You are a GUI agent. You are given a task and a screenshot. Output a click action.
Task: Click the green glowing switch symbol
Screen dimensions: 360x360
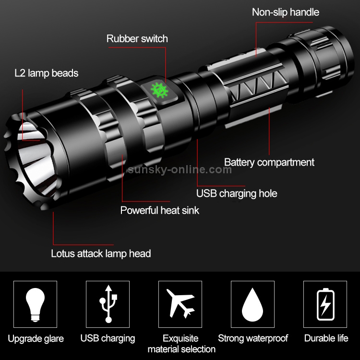coord(159,90)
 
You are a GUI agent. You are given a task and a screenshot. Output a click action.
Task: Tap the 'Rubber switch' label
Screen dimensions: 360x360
coord(137,38)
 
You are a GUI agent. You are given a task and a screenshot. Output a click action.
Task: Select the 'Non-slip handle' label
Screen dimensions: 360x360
coord(286,12)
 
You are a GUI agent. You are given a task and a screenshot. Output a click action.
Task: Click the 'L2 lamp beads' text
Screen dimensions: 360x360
coord(47,73)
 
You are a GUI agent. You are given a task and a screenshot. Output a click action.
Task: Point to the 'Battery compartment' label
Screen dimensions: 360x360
coord(269,162)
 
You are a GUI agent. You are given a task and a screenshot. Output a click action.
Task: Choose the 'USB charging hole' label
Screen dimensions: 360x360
coord(237,193)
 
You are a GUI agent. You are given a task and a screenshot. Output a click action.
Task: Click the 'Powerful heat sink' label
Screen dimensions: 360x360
coord(160,210)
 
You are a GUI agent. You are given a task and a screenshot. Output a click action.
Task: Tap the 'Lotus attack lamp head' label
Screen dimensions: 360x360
coord(101,254)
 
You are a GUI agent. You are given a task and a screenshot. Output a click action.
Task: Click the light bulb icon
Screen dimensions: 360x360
coord(35,304)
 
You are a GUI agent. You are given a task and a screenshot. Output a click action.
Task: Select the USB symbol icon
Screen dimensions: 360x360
coord(108,304)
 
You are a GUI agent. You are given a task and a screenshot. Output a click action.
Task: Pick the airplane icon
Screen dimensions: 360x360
coord(180,303)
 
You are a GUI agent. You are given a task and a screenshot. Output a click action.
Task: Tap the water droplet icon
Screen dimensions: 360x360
coord(252,304)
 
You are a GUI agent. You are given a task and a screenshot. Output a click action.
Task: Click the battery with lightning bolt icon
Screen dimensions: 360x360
coord(325,304)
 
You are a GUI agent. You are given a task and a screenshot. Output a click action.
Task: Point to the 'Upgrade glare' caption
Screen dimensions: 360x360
coord(36,339)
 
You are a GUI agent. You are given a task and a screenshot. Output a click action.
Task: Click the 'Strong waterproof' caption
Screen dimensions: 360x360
coord(253,338)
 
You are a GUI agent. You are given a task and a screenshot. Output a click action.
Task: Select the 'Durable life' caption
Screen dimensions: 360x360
coord(326,338)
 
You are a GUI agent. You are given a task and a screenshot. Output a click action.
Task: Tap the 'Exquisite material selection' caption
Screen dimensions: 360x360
coord(181,344)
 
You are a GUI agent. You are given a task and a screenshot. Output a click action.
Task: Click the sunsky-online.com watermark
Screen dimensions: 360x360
coord(180,169)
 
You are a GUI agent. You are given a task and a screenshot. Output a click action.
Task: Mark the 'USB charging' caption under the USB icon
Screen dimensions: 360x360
coord(108,338)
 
